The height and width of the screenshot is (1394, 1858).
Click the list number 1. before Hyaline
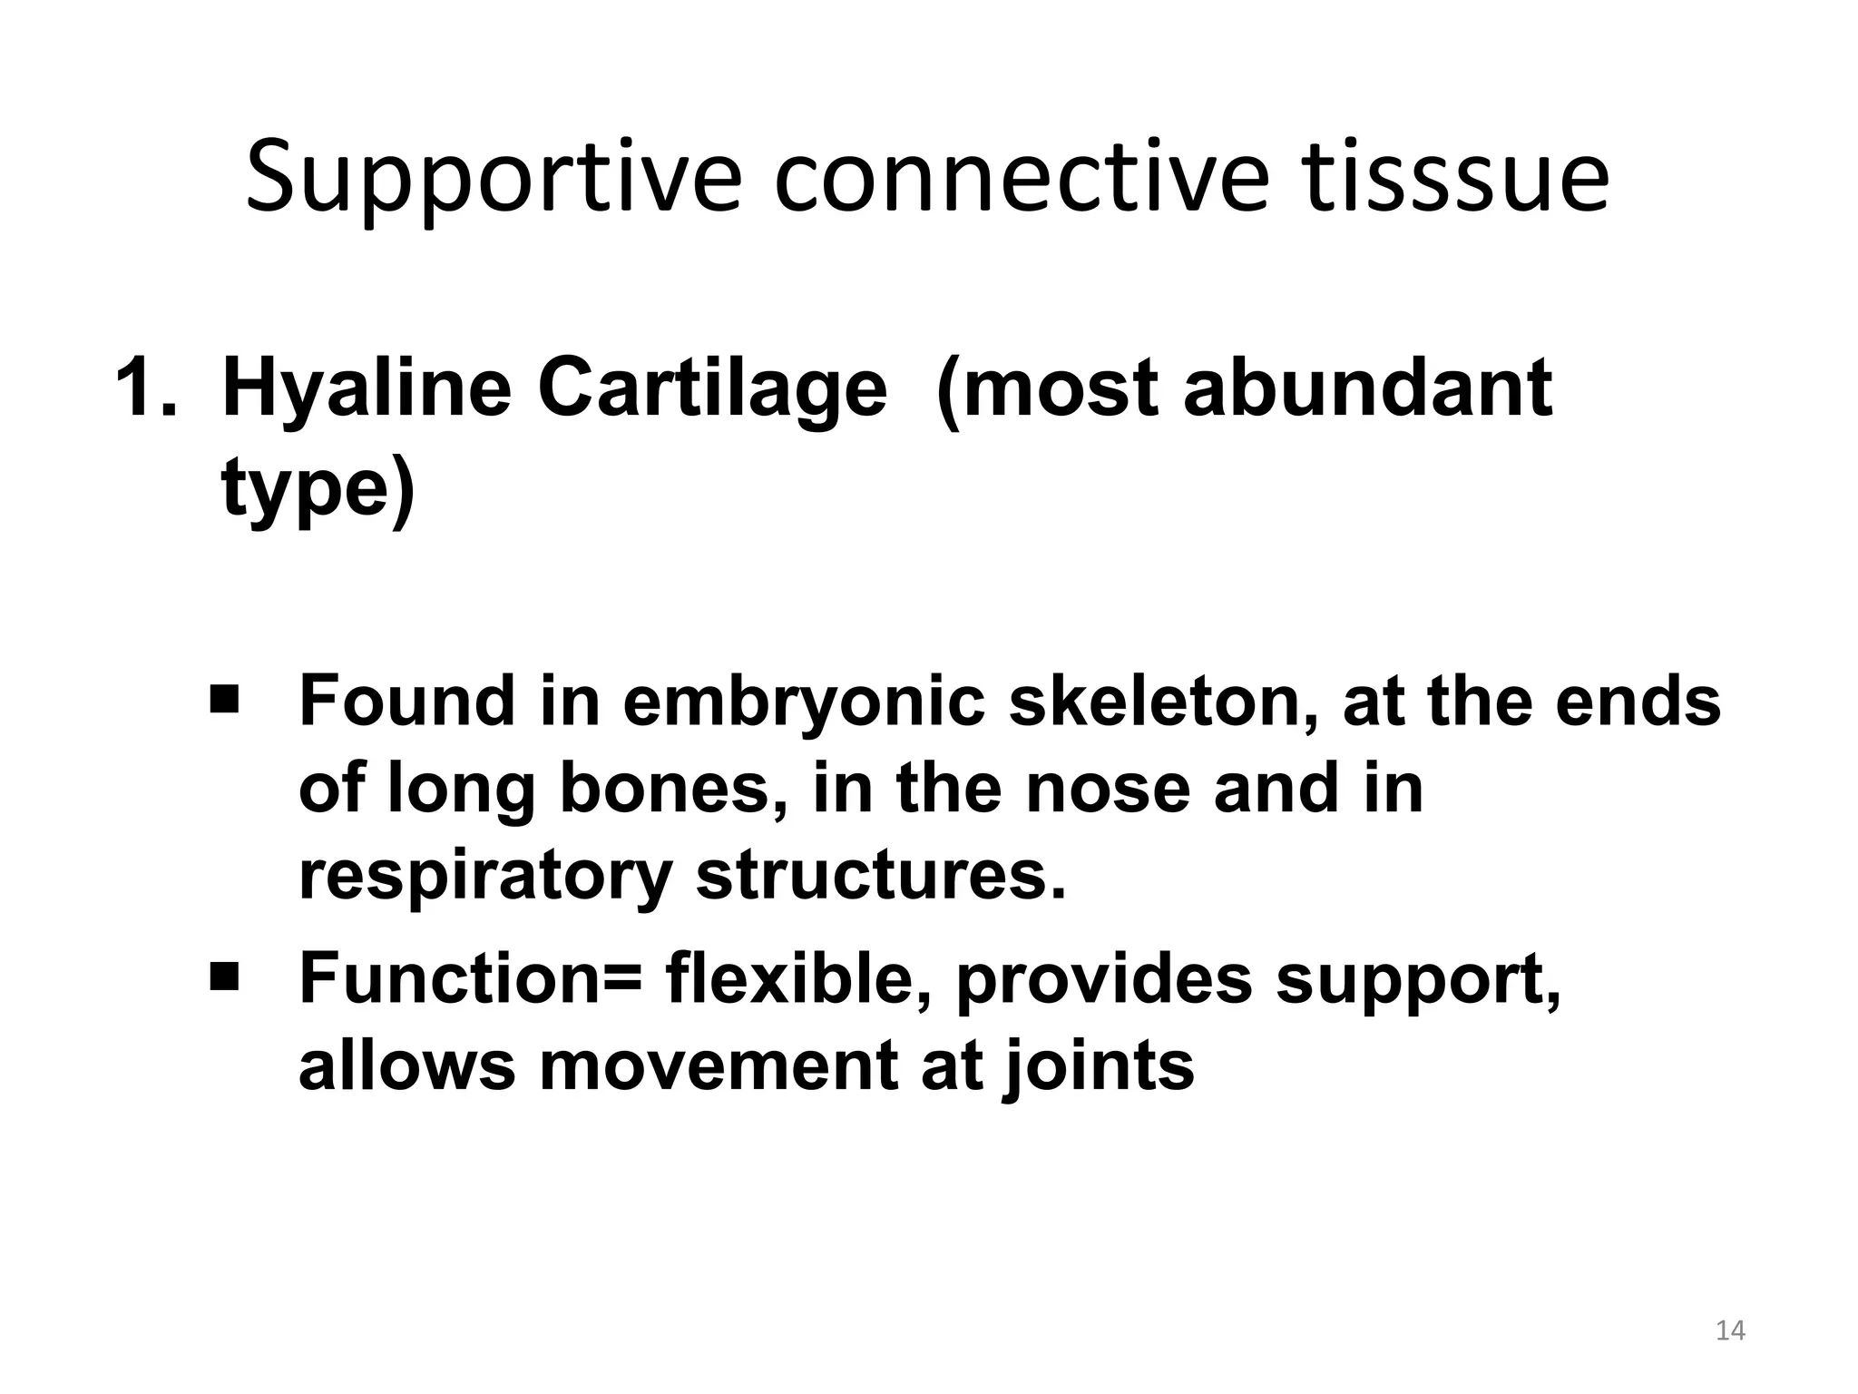coord(146,388)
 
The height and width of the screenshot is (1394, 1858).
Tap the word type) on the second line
coord(318,490)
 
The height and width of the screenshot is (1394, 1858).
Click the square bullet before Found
coord(223,700)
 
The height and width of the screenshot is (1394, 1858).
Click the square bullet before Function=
coord(223,977)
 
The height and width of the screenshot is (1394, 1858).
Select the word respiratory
coord(485,877)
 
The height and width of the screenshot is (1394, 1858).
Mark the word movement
coord(718,1065)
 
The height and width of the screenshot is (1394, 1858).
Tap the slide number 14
coord(1730,1330)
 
